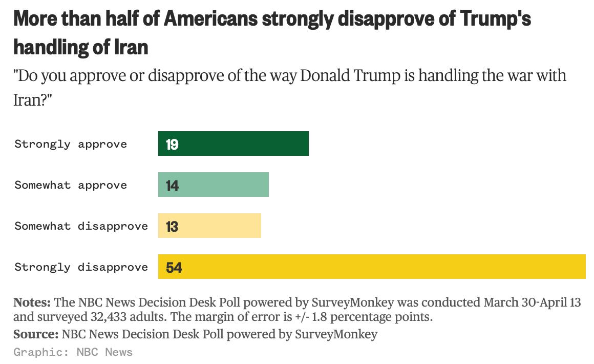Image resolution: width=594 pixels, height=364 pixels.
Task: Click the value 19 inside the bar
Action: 172,145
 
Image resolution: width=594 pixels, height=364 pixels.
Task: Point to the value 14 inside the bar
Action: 172,186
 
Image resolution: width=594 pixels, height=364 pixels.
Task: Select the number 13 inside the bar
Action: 172,227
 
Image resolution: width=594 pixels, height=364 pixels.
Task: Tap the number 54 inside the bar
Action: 174,268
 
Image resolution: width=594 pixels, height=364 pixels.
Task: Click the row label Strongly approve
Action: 71,144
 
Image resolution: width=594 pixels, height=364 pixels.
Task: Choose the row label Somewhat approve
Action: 71,185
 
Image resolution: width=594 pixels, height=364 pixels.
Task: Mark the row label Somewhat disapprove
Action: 81,226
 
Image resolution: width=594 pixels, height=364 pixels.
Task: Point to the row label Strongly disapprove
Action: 81,267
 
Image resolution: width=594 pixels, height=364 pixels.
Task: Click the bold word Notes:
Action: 32,302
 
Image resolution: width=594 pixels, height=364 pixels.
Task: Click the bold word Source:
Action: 35,334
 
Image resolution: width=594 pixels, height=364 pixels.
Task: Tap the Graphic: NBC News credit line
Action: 73,352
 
